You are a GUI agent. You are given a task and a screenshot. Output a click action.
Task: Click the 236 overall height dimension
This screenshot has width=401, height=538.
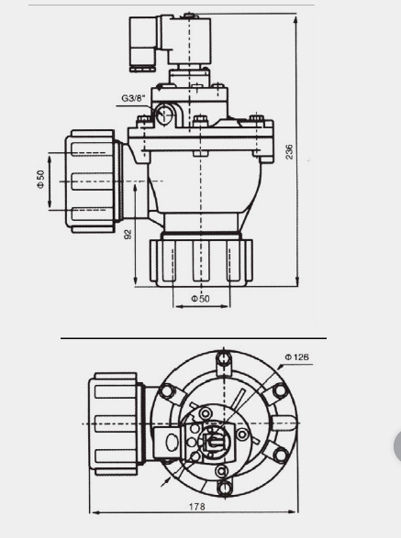(x=289, y=151)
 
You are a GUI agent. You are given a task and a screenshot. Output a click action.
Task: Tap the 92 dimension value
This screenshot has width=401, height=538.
(x=128, y=235)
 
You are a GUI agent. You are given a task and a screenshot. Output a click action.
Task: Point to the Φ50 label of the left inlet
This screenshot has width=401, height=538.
(x=41, y=179)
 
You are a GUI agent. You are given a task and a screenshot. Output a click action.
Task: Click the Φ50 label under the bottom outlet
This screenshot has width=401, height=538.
(x=200, y=299)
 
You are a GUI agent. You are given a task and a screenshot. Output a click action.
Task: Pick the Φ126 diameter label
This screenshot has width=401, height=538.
(x=296, y=357)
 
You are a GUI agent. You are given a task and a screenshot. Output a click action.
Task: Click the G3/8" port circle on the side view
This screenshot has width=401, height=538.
(x=165, y=114)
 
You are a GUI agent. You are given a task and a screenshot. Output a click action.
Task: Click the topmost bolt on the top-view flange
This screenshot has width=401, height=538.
(x=221, y=358)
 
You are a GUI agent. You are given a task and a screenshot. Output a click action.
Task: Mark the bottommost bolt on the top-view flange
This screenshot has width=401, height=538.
(x=221, y=474)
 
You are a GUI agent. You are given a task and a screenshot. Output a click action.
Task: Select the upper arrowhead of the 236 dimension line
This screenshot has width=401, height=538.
(x=296, y=17)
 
